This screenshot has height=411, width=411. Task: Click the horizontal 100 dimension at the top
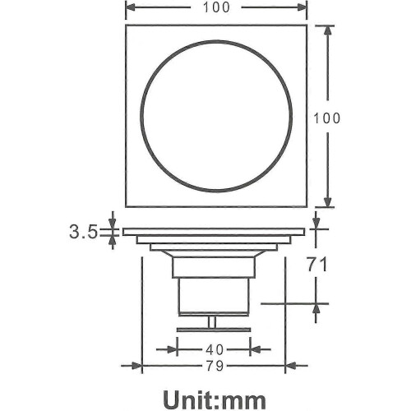coord(216,7)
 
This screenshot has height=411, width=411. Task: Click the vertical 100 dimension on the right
coord(326,118)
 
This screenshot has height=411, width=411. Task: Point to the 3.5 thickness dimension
coord(83,233)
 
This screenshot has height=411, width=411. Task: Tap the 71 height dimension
coord(316,265)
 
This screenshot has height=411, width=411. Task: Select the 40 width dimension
coord(215,349)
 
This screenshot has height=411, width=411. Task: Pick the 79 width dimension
coord(215,366)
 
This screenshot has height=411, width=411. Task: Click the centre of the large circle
coord(216,117)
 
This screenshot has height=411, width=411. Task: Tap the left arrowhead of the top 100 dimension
coord(131,7)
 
